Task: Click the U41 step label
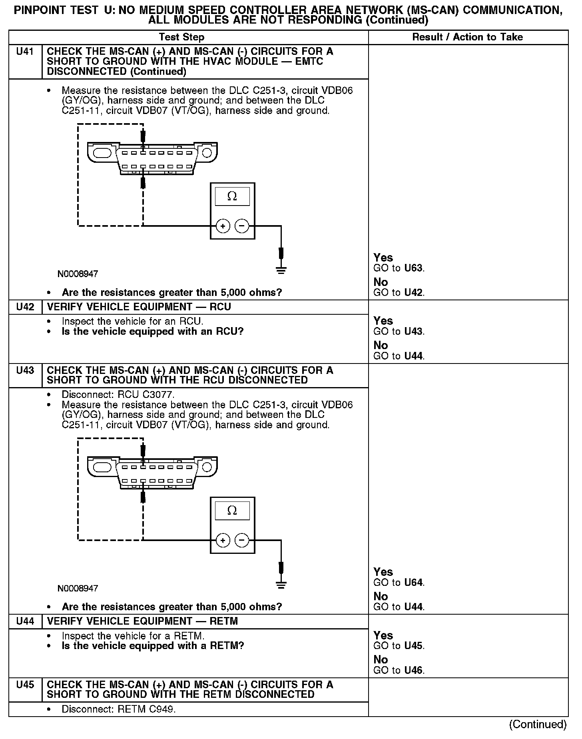[25, 52]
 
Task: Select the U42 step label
[25, 307]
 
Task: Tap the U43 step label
[25, 371]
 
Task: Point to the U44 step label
[25, 621]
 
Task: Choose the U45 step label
[25, 685]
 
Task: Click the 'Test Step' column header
[181, 37]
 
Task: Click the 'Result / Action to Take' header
[467, 37]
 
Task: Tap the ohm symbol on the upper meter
[232, 196]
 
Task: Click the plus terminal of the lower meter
[223, 541]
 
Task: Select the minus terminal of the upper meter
[241, 226]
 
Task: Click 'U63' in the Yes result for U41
[414, 268]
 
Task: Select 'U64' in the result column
[414, 583]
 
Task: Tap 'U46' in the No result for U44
[414, 670]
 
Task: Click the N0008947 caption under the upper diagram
[78, 274]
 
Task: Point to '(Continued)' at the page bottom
[538, 724]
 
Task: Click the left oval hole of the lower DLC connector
[102, 467]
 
